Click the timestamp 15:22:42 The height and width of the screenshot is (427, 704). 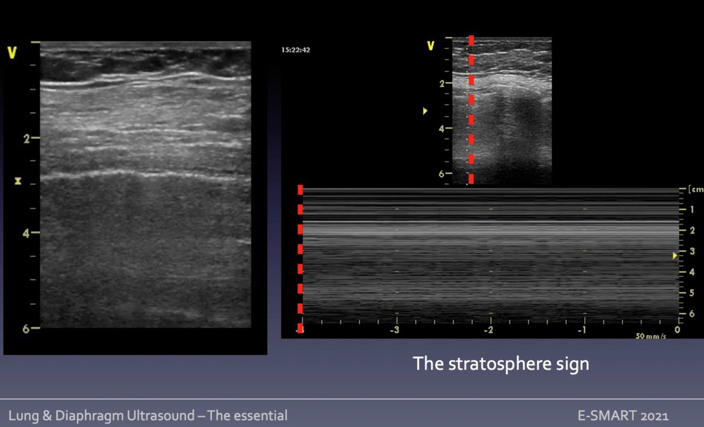[x=296, y=50]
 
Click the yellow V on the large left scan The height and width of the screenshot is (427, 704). [x=11, y=53]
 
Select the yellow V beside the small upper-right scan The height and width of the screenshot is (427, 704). [x=431, y=45]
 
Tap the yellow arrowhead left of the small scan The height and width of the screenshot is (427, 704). [x=425, y=111]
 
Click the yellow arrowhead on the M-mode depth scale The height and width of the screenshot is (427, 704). [x=675, y=255]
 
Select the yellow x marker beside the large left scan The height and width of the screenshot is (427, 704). [x=18, y=181]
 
